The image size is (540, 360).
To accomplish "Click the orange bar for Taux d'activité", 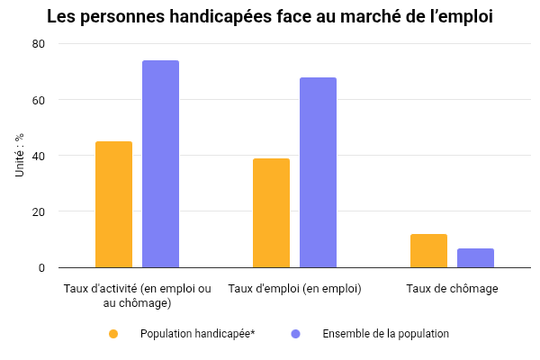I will pyautogui.click(x=113, y=204).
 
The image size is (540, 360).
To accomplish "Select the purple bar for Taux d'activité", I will pyautogui.click(x=160, y=164).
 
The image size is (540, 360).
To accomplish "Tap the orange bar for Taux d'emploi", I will pyautogui.click(x=271, y=212).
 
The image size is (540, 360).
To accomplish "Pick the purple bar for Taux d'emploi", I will pyautogui.click(x=318, y=172).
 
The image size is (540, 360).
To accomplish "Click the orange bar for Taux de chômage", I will pyautogui.click(x=428, y=250).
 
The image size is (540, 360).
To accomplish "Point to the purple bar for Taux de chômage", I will pyautogui.click(x=475, y=257).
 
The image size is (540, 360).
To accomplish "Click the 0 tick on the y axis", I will pyautogui.click(x=40, y=267).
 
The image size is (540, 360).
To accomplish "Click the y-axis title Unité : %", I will pyautogui.click(x=19, y=155).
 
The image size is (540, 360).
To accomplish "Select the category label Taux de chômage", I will pyautogui.click(x=452, y=289).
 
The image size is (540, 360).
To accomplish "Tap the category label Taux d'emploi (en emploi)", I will pyautogui.click(x=294, y=289).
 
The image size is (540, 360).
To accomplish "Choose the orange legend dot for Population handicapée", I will pyautogui.click(x=113, y=334).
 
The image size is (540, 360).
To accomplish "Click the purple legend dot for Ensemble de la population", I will pyautogui.click(x=295, y=334).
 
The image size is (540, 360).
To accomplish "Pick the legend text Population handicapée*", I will pyautogui.click(x=197, y=334).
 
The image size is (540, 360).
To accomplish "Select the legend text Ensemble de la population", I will pyautogui.click(x=385, y=334).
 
